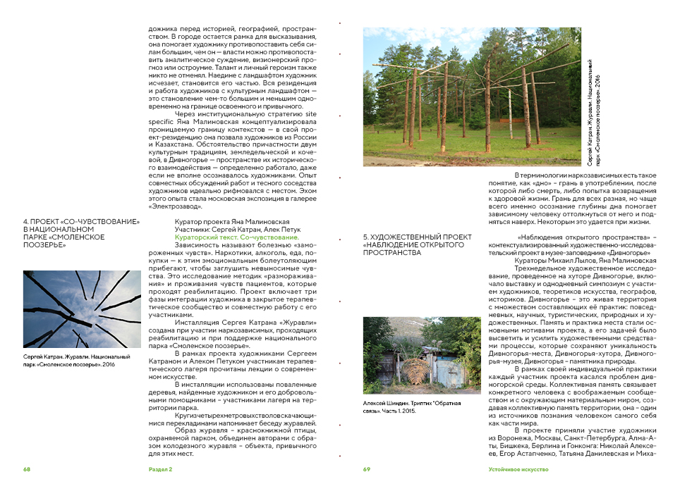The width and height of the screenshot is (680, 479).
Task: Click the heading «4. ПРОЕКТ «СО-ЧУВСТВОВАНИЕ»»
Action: coord(82,222)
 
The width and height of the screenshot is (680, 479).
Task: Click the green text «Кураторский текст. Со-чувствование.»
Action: coord(236,238)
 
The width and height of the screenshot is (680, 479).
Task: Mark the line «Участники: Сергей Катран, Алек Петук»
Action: coord(227,230)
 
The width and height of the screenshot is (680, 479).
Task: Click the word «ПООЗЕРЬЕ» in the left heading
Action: coord(44,245)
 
